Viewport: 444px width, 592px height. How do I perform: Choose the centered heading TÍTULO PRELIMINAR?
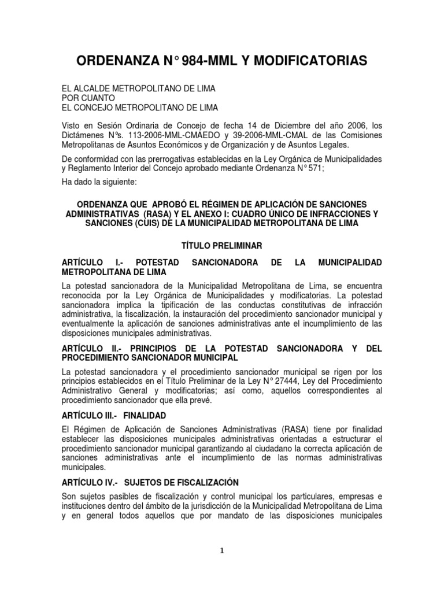click(x=222, y=246)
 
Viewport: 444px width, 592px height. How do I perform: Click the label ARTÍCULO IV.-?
click(x=89, y=482)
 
